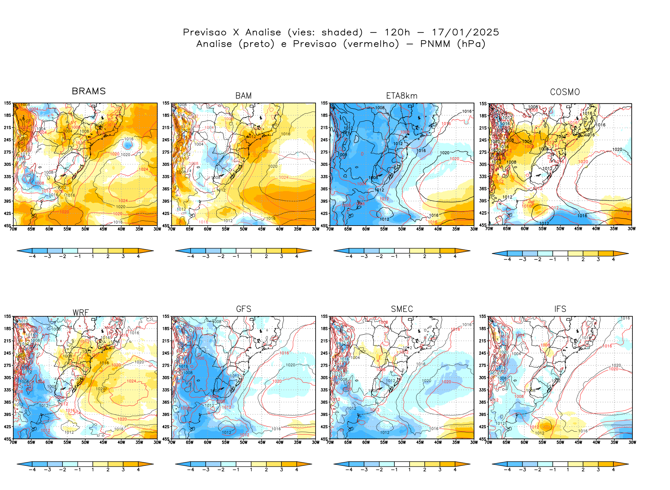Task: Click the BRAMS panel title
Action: pyautogui.click(x=89, y=91)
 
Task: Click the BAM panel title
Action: pyautogui.click(x=244, y=96)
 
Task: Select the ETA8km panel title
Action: pyautogui.click(x=402, y=96)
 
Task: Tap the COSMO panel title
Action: pyautogui.click(x=565, y=92)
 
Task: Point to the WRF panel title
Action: pyautogui.click(x=81, y=313)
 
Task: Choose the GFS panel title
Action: pyautogui.click(x=244, y=309)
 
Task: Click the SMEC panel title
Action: pyautogui.click(x=402, y=309)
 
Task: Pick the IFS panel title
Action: pyautogui.click(x=560, y=309)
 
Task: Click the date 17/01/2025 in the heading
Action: pyautogui.click(x=465, y=32)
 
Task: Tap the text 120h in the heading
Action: pyautogui.click(x=397, y=32)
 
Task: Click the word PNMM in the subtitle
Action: pyautogui.click(x=435, y=44)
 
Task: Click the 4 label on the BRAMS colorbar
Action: pyautogui.click(x=138, y=257)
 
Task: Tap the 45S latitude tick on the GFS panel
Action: pyautogui.click(x=165, y=439)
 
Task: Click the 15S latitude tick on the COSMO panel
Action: pyautogui.click(x=483, y=104)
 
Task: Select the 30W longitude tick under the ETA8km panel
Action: pyautogui.click(x=474, y=229)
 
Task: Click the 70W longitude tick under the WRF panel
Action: pyautogui.click(x=13, y=443)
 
